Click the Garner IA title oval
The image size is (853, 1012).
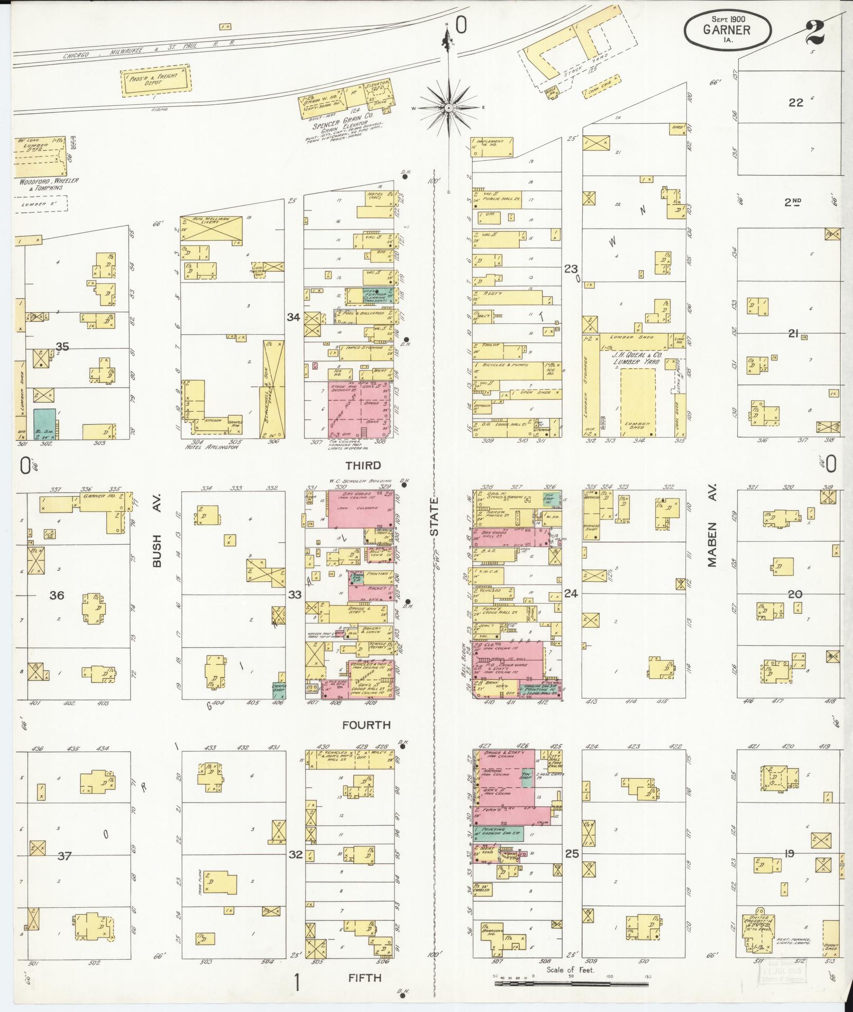(x=727, y=30)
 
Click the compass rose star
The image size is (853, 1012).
(x=449, y=107)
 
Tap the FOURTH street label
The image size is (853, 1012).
(x=366, y=725)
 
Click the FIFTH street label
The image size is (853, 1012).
(x=365, y=978)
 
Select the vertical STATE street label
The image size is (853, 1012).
(x=435, y=517)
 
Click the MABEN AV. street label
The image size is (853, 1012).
(x=712, y=544)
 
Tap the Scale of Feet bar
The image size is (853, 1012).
(x=571, y=983)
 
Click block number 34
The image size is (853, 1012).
(x=293, y=317)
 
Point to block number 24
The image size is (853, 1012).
(x=571, y=594)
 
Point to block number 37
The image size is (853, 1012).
(x=64, y=855)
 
